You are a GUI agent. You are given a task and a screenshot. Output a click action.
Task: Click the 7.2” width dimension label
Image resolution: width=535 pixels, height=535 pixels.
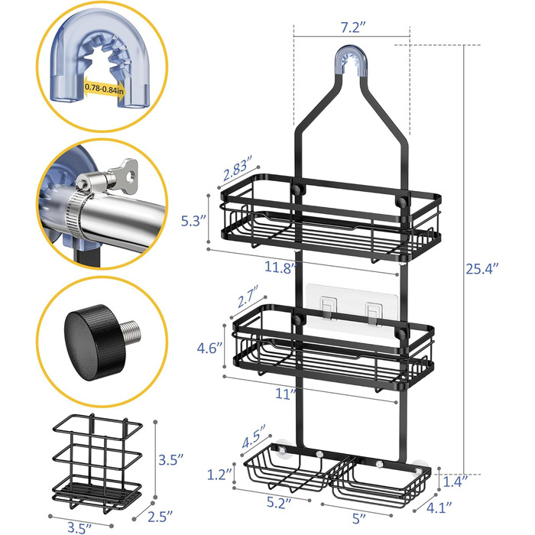pyautogui.click(x=353, y=28)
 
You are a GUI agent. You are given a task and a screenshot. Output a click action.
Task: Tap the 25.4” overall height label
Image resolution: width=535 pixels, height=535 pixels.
pyautogui.click(x=482, y=269)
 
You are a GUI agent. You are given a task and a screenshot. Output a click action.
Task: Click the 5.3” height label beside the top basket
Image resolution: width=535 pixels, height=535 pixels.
pyautogui.click(x=193, y=221)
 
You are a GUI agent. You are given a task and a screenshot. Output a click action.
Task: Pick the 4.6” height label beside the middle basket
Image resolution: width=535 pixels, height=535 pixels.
pyautogui.click(x=209, y=349)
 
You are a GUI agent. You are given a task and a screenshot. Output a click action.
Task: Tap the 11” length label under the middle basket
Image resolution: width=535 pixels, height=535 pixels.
pyautogui.click(x=286, y=394)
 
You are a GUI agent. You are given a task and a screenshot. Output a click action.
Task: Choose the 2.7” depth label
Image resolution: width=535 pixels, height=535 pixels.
pyautogui.click(x=248, y=297)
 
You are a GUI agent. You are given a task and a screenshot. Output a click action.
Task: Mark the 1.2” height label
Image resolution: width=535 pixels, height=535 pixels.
pyautogui.click(x=220, y=475)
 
